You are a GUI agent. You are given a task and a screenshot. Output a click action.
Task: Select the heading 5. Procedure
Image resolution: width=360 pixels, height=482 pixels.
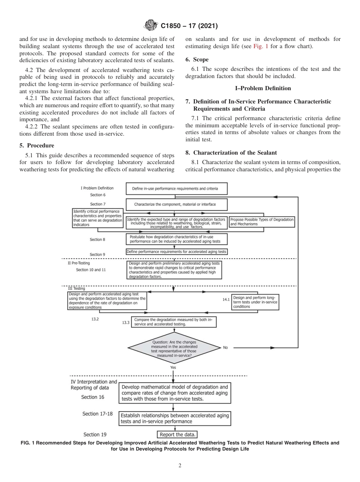coord(36,146)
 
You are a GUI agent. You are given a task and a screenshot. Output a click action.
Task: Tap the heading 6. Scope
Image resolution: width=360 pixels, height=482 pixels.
coord(197,59)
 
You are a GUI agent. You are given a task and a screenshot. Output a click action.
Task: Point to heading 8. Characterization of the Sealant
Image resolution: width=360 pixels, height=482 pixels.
coord(231,152)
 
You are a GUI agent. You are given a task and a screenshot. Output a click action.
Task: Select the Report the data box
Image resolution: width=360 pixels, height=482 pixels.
coord(178,434)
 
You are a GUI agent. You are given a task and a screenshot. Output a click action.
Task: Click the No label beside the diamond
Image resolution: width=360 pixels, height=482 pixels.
coord(225,347)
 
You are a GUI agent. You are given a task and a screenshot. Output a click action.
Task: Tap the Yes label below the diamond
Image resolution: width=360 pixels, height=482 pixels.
coord(173,367)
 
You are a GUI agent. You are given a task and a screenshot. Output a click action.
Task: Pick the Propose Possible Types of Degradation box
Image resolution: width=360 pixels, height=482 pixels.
coord(262,222)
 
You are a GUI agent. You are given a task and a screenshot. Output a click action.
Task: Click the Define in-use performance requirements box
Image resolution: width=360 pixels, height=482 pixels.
coord(174,188)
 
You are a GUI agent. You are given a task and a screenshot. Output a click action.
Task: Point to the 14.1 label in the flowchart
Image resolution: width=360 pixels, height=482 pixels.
coord(226,299)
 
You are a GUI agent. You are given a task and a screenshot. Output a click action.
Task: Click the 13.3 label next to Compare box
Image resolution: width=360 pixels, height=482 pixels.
coord(125,322)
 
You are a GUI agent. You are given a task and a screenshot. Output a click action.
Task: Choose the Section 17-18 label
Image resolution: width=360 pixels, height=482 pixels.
coord(97,414)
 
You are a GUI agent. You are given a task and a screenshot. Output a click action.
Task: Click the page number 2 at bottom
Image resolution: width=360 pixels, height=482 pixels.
coord(180,466)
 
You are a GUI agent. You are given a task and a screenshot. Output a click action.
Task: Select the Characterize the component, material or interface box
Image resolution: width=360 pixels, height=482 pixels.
coord(175,205)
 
